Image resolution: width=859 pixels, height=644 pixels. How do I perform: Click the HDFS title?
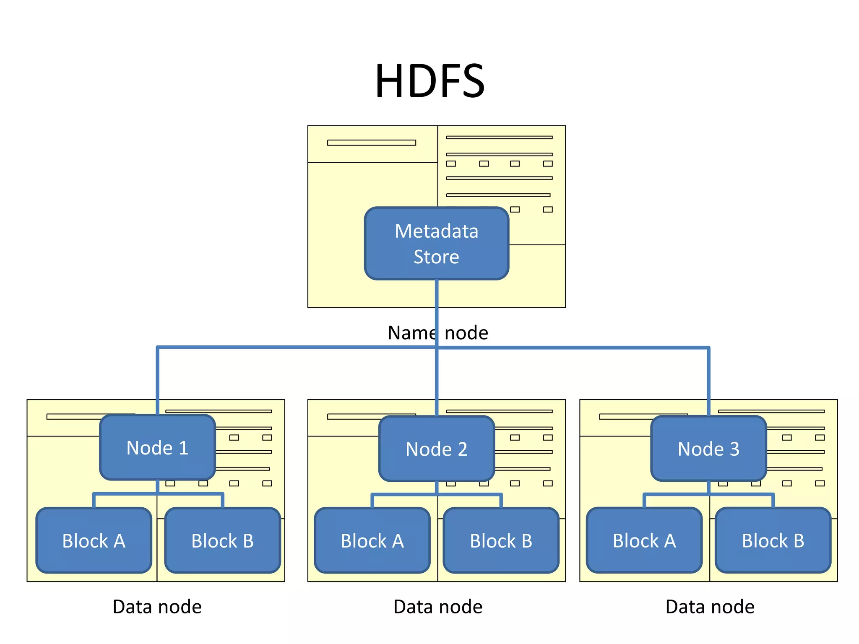click(430, 81)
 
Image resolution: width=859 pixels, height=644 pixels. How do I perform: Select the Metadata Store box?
click(437, 244)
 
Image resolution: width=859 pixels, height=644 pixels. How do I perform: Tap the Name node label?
click(438, 333)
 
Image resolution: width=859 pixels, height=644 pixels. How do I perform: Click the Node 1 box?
click(157, 448)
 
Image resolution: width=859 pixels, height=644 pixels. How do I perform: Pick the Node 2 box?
click(437, 449)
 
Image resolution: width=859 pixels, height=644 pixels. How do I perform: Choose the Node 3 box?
click(708, 449)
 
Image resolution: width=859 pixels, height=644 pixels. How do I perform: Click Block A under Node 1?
click(94, 541)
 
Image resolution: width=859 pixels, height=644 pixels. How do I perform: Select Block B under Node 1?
click(223, 541)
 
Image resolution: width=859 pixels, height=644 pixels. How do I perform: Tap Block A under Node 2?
click(372, 541)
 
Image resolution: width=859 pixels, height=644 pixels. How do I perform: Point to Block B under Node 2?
click(501, 541)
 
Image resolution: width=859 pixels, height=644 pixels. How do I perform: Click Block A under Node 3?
click(644, 541)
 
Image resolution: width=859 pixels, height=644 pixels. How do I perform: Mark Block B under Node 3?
click(773, 541)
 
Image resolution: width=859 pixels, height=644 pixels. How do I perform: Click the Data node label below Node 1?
click(157, 607)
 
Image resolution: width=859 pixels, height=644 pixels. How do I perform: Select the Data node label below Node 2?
click(438, 607)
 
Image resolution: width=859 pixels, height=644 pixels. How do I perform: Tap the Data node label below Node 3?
click(710, 607)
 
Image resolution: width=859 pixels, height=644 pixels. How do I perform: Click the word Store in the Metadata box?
click(437, 257)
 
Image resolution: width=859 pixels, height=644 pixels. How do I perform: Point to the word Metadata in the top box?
click(437, 231)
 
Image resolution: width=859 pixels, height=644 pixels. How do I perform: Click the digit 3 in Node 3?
click(734, 449)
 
